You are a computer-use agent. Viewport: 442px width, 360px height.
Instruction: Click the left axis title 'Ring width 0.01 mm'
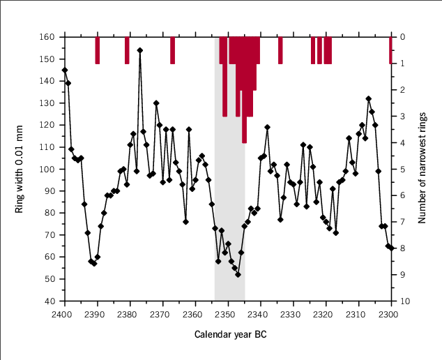[21, 168]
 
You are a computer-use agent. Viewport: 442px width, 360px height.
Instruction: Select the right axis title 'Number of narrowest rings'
[422, 168]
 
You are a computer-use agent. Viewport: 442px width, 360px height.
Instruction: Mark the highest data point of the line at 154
[139, 50]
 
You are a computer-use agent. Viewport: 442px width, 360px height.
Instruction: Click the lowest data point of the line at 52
[238, 275]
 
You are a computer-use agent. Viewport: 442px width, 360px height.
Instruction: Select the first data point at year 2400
[65, 70]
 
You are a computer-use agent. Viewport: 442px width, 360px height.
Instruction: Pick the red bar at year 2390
[97, 50]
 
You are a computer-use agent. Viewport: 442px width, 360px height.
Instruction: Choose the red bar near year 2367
[172, 50]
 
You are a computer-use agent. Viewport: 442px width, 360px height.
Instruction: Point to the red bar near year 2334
[280, 50]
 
